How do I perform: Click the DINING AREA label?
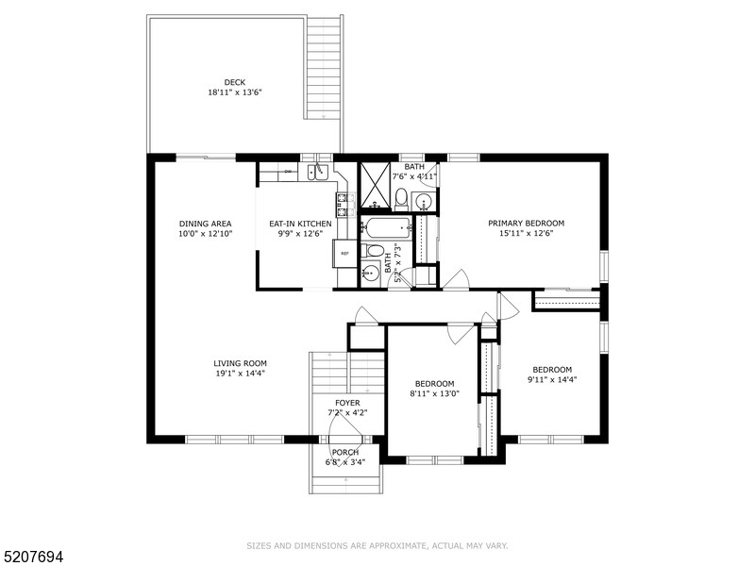[x=205, y=224]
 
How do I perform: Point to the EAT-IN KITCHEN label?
[x=294, y=224]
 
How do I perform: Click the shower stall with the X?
[x=375, y=185]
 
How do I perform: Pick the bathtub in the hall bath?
[x=387, y=228]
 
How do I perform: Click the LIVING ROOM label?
[x=240, y=363]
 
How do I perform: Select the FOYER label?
[x=347, y=403]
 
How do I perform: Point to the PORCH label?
[x=344, y=452]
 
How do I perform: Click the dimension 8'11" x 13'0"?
[x=434, y=393]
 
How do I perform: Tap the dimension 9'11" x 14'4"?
[x=551, y=379]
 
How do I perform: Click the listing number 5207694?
[x=33, y=558]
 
